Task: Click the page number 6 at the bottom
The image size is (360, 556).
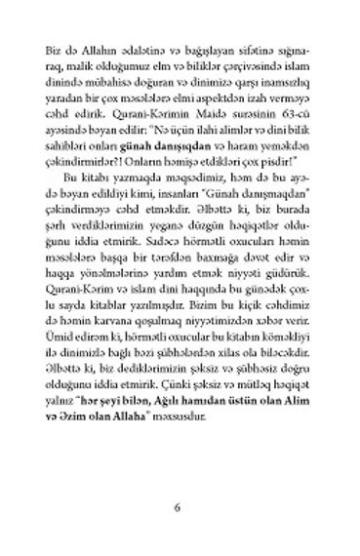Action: (178, 507)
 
